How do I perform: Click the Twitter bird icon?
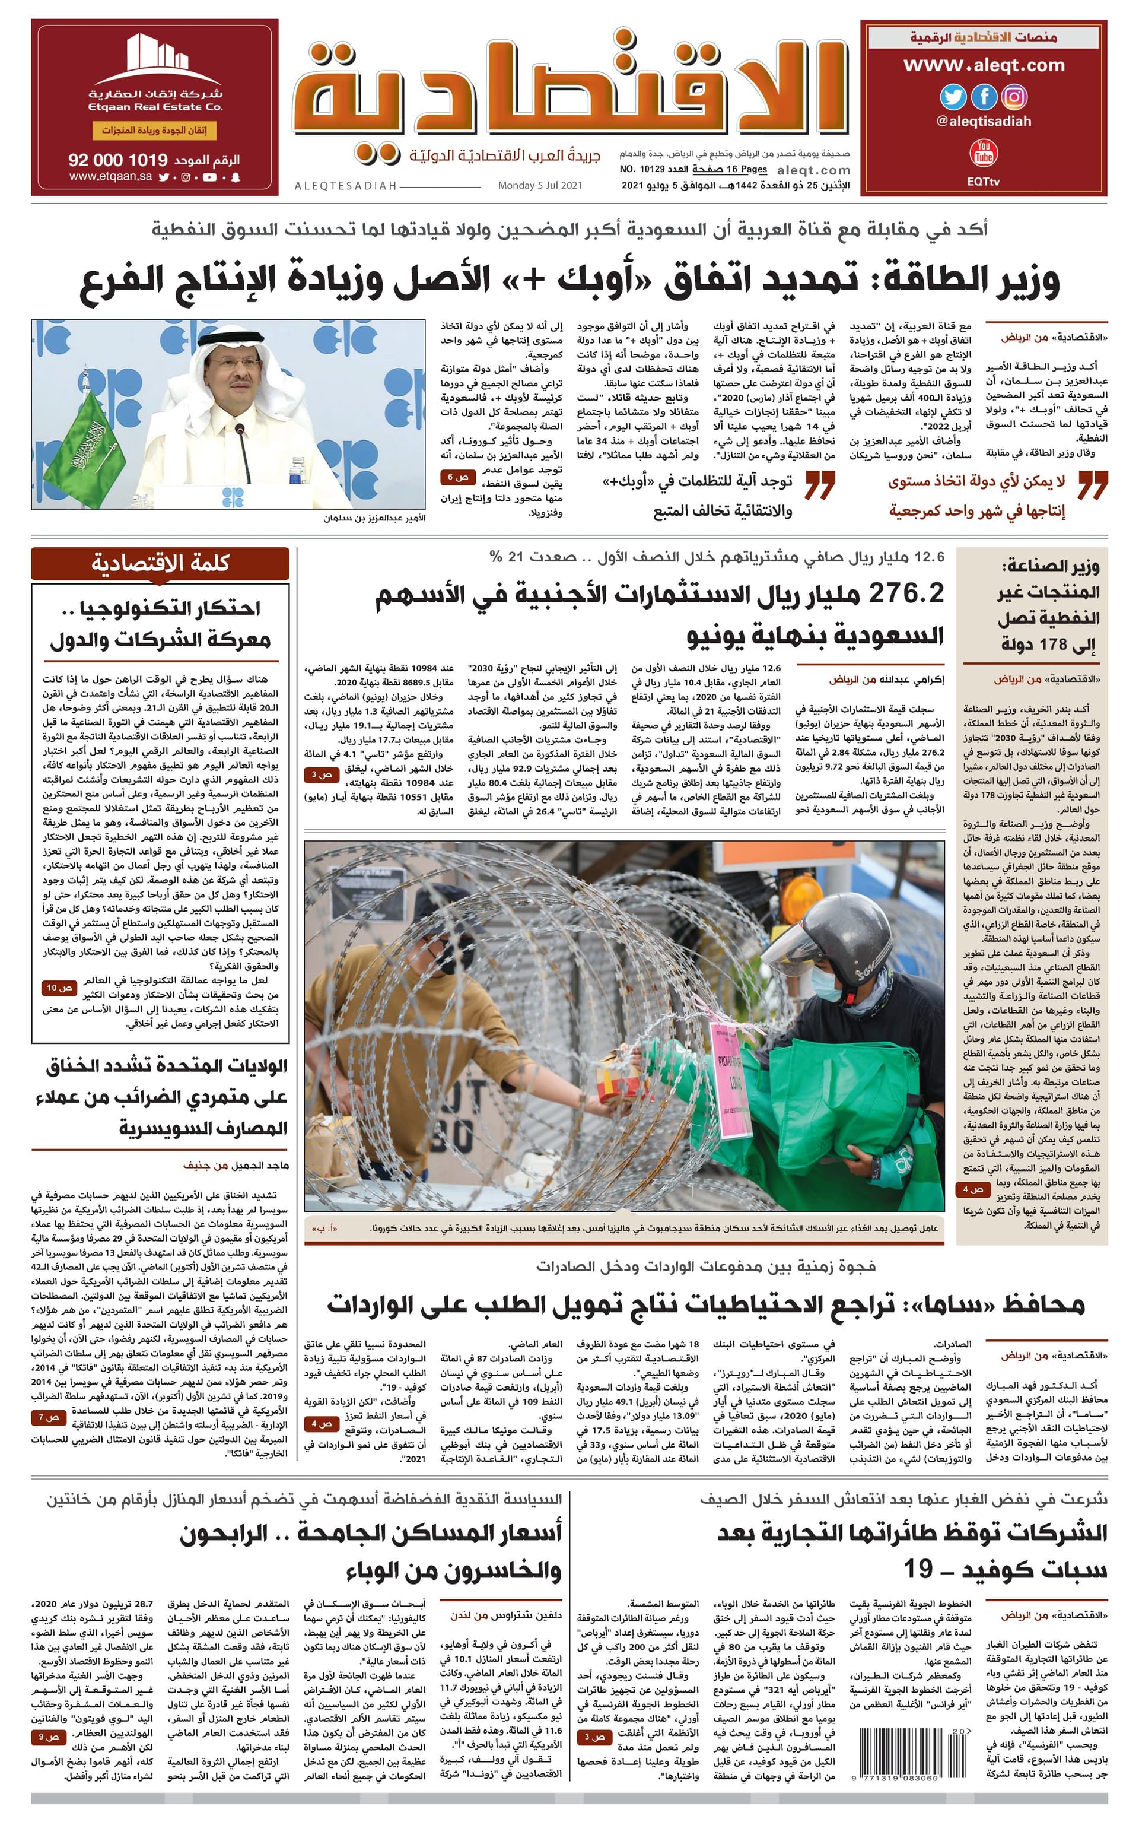(x=953, y=97)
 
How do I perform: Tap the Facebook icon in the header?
(x=984, y=97)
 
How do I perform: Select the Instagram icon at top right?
(x=1014, y=97)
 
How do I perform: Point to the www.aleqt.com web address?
(x=984, y=65)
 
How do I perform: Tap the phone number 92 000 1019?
(x=117, y=160)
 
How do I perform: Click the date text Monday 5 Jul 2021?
(x=539, y=185)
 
